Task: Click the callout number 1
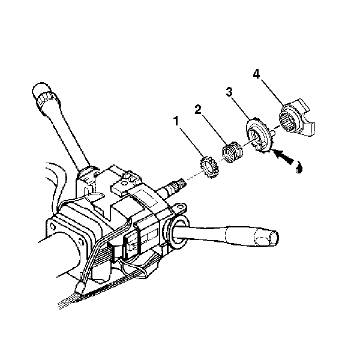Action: coord(176,121)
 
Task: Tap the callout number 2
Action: coord(197,110)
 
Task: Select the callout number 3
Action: coord(229,92)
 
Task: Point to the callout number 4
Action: coord(256,74)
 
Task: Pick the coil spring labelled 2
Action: coord(232,152)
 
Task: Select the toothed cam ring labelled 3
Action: coord(258,136)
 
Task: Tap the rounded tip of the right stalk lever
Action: coord(274,238)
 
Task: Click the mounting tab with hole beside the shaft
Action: coord(179,208)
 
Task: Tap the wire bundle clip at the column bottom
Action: coord(79,288)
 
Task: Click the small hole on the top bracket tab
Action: coord(124,183)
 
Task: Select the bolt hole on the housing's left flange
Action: coord(53,227)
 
